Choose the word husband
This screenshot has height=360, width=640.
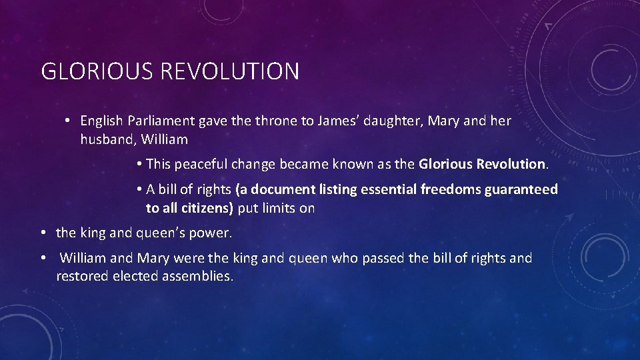click(x=106, y=140)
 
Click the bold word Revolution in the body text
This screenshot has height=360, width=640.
click(x=512, y=164)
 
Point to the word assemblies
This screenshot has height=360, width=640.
click(x=198, y=276)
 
